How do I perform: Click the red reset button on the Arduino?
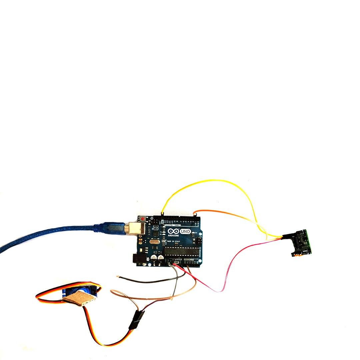143,219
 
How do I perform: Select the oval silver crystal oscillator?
154,242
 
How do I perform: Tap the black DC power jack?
137,259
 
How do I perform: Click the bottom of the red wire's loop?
219,291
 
